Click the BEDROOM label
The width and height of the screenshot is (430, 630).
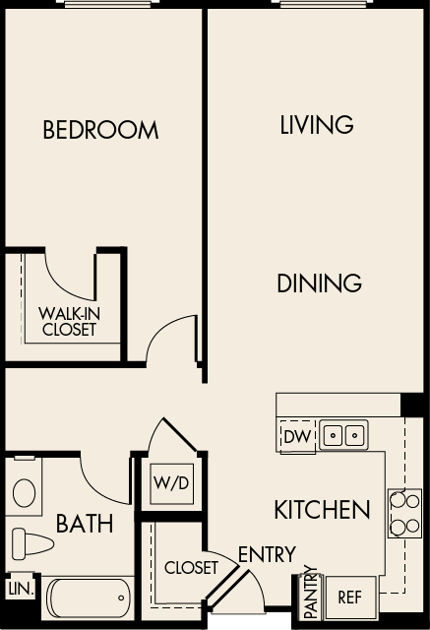tap(100, 130)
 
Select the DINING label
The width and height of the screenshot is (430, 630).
tap(319, 283)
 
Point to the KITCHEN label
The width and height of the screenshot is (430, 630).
tap(322, 510)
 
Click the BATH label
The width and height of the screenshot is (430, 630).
tap(84, 523)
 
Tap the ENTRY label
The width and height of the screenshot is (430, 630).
tap(266, 555)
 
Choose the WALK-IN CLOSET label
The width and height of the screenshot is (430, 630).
tap(68, 322)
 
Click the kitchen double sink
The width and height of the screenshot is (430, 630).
tap(343, 434)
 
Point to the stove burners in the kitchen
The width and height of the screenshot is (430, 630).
tap(404, 513)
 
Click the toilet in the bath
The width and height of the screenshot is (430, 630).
tap(31, 544)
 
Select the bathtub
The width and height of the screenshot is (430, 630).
tap(89, 597)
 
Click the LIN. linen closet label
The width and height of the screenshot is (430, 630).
tap(20, 589)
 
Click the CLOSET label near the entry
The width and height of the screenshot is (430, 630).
tap(191, 568)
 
